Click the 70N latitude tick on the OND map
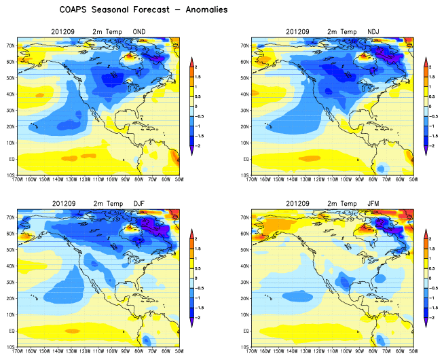pyautogui.click(x=10, y=46)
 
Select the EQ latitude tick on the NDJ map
pyautogui.click(x=245, y=159)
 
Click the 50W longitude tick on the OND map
pyautogui.click(x=178, y=181)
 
